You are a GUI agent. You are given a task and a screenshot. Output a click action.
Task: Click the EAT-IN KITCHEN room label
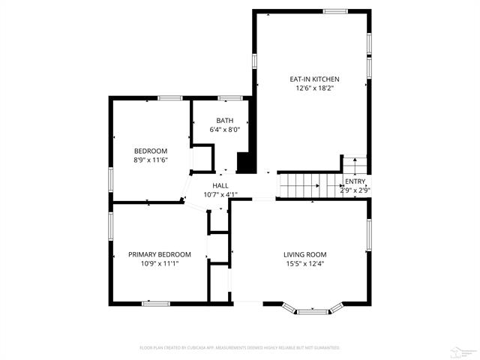pos(315,79)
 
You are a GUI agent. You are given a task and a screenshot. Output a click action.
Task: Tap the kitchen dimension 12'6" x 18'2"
pos(315,88)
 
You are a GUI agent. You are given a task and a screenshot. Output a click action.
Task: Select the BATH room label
pos(224,121)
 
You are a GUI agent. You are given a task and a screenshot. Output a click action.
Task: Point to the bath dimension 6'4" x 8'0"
pos(224,130)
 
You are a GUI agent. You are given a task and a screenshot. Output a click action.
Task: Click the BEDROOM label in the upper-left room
pos(150,151)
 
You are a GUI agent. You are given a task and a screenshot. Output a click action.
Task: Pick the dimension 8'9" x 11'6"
pos(150,160)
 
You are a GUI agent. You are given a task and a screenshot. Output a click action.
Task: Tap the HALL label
pos(220,185)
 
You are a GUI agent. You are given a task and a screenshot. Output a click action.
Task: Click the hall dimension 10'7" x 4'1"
pos(220,195)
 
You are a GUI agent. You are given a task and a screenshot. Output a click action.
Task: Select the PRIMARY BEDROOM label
pos(159,254)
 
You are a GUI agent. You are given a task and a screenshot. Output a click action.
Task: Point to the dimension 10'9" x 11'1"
pos(159,264)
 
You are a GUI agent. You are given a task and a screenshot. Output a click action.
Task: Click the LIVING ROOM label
pos(304,254)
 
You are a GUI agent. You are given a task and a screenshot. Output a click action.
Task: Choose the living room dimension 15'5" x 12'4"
pos(304,264)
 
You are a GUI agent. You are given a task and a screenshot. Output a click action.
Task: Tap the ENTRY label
pos(355,181)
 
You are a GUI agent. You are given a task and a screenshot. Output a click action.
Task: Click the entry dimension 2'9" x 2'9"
pos(355,190)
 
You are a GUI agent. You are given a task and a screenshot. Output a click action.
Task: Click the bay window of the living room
pos(313,309)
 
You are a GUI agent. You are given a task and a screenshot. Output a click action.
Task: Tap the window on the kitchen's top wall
pos(335,10)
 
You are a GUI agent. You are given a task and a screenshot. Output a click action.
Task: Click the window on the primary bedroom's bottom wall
pos(156,303)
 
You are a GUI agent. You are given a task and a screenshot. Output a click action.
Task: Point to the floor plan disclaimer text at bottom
pos(240,348)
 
